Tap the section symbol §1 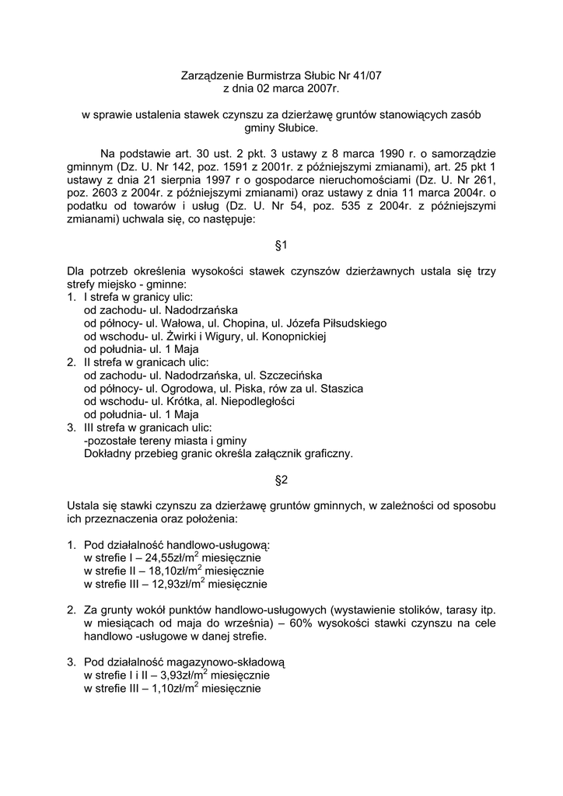pyautogui.click(x=281, y=245)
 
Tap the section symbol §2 pyautogui.click(x=281, y=480)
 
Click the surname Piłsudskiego pyautogui.click(x=351, y=323)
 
